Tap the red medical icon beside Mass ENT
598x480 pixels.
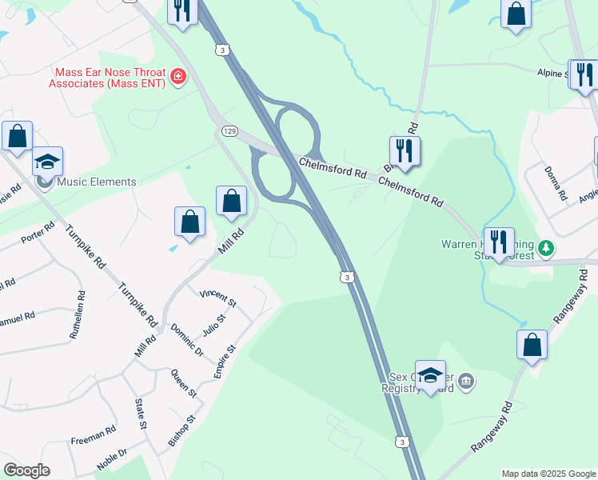(178, 78)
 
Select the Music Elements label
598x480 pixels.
(97, 182)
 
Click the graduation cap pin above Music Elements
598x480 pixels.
(48, 162)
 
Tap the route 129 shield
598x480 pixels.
(229, 130)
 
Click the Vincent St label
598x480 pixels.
(218, 299)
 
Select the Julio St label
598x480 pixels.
(214, 328)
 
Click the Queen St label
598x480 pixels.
(184, 383)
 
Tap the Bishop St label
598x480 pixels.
(181, 430)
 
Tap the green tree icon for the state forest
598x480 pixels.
(546, 248)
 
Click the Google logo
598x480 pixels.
(26, 470)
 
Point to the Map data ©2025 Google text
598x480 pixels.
(548, 474)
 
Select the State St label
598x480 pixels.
(141, 414)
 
